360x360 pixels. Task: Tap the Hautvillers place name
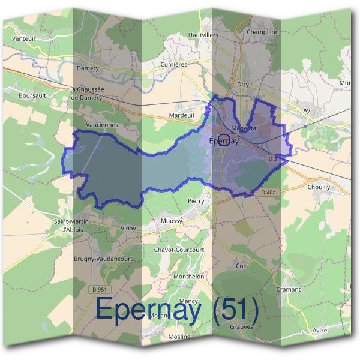[x=203, y=35]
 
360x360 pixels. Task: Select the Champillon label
[x=263, y=32]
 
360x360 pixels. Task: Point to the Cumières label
[x=175, y=64]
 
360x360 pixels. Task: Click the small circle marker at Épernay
[x=223, y=140]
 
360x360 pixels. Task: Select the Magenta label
[x=244, y=128]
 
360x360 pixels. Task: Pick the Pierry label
[x=196, y=201]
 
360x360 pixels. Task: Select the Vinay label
[x=128, y=228]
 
